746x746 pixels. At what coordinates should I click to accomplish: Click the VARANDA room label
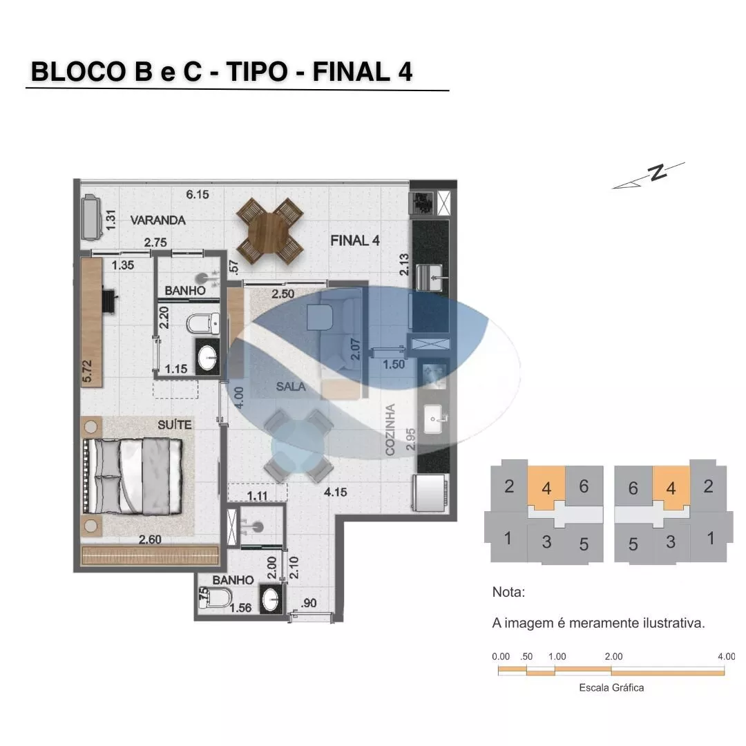158,220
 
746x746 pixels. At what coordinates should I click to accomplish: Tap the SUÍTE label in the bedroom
175,425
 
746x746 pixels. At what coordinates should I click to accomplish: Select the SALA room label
291,387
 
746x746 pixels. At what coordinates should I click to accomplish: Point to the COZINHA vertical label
390,430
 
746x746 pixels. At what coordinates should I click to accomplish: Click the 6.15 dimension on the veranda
198,195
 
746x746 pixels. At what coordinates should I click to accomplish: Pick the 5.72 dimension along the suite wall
87,371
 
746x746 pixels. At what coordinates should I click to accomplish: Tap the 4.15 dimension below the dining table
336,492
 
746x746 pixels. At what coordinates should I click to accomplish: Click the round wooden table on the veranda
270,231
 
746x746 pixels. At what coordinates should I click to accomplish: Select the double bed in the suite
133,477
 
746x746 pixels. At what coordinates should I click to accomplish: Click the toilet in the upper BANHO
203,323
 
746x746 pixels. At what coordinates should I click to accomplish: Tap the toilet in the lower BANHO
215,597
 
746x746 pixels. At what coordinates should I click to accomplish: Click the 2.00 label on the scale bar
614,657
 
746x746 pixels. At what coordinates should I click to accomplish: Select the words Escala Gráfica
611,687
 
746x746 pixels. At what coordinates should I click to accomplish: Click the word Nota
508,593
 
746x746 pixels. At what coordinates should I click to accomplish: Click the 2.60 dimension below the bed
150,539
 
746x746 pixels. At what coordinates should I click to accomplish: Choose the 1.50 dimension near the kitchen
394,365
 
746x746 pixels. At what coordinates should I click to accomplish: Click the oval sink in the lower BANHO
271,599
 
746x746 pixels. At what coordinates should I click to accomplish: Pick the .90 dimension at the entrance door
309,603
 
